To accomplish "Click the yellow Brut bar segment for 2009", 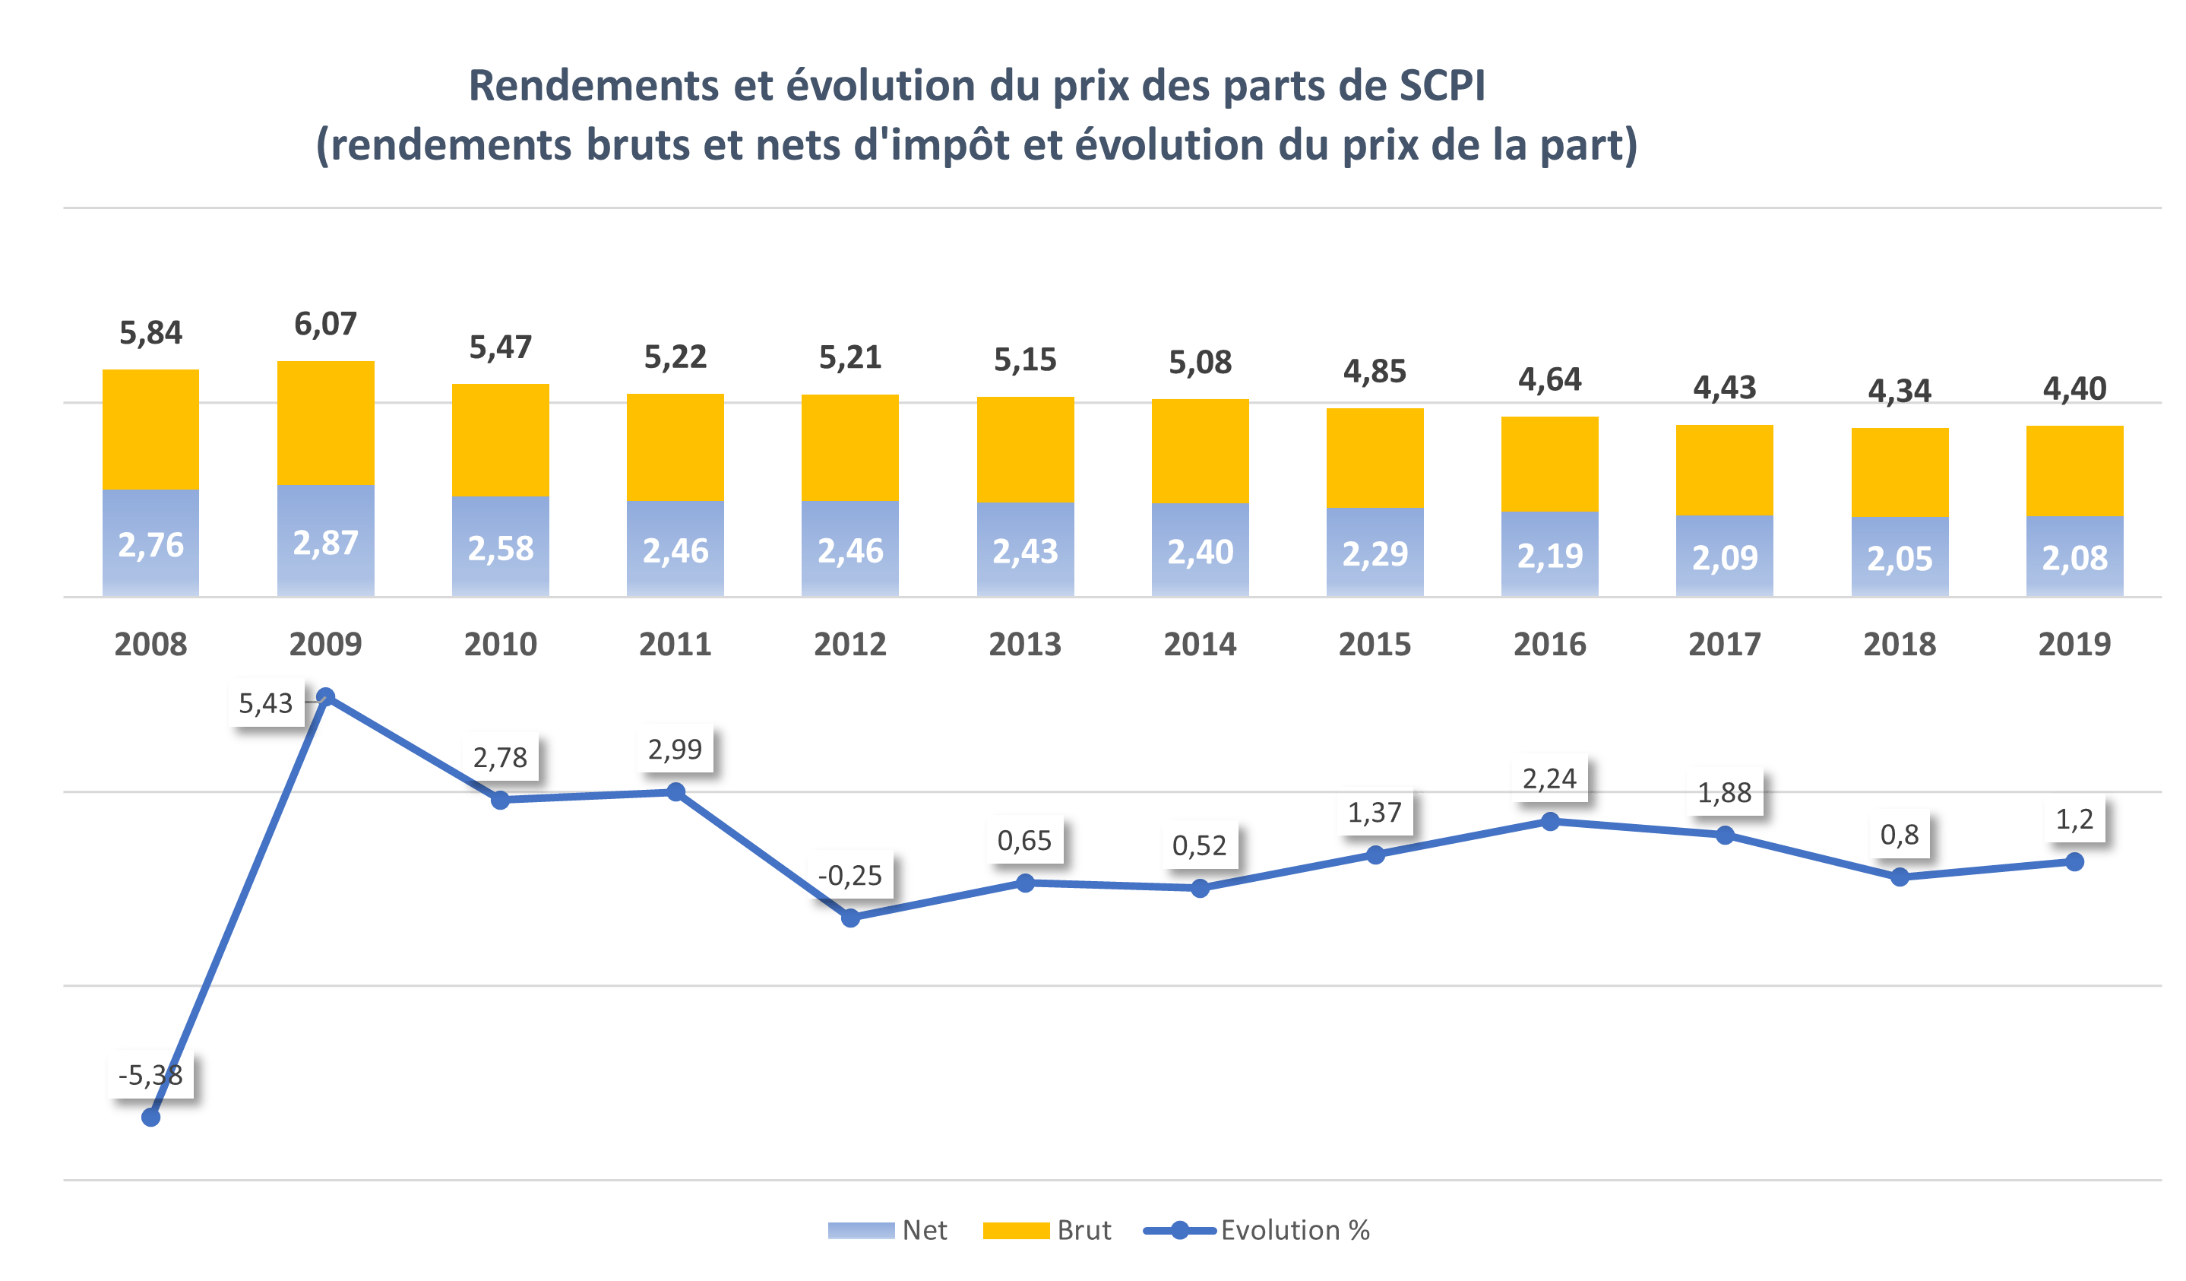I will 325,423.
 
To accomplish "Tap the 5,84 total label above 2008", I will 151,332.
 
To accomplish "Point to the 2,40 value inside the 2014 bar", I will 1200,552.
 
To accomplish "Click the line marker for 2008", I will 151,1117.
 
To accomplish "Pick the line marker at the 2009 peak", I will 326,697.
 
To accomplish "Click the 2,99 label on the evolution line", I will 675,749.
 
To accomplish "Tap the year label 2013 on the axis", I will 1024,644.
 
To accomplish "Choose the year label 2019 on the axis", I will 2074,644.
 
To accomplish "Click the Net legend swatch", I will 861,1231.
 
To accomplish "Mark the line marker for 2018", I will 1900,877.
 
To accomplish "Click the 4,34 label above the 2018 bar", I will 1899,392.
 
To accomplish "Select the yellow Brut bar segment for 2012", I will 850,448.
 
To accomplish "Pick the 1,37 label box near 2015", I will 1375,813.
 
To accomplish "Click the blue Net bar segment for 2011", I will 675,550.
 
